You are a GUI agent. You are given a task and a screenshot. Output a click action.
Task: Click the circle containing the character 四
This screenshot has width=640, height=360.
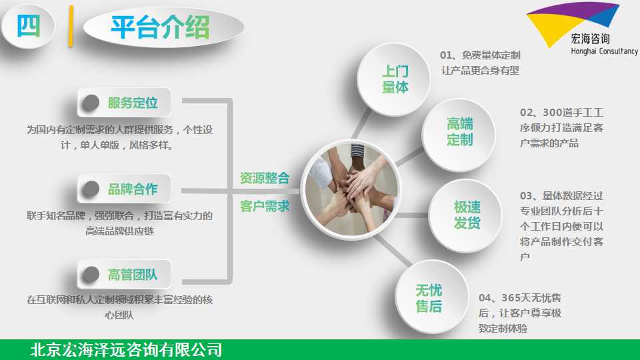coord(28,27)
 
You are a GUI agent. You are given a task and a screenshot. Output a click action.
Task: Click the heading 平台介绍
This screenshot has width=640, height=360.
coord(160,27)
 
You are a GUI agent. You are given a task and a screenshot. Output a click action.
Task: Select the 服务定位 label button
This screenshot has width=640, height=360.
coord(124,103)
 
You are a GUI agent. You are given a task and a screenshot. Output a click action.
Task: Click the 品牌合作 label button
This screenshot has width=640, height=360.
coord(124,189)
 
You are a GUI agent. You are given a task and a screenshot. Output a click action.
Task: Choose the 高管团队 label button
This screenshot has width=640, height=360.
coord(124,274)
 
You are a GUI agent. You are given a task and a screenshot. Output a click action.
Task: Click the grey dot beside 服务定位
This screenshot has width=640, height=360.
coord(91,103)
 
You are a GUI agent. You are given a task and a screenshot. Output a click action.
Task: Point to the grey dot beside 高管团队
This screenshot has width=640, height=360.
coord(91,274)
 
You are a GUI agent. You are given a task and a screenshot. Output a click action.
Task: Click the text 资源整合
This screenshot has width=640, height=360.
coord(265,178)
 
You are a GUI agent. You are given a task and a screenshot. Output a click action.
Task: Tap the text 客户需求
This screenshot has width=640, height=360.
coord(265,206)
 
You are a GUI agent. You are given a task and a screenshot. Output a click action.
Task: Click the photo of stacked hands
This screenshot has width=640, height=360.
coord(351,190)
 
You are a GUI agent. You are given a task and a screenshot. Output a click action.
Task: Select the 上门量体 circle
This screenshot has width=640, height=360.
coord(394,79)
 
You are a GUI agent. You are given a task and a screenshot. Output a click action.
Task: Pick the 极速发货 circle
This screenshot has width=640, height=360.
coord(466,215)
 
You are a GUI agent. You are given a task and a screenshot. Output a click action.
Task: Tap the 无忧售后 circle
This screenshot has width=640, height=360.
coord(431,297)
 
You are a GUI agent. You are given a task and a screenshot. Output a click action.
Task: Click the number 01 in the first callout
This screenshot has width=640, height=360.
coord(446,55)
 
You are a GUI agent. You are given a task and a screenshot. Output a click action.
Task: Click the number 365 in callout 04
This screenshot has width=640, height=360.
coord(511,297)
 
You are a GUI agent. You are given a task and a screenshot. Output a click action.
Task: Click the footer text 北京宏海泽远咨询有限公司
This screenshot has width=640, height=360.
coord(126,350)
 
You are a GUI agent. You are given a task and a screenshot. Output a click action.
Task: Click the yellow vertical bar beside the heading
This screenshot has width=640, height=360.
coord(71,27)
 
